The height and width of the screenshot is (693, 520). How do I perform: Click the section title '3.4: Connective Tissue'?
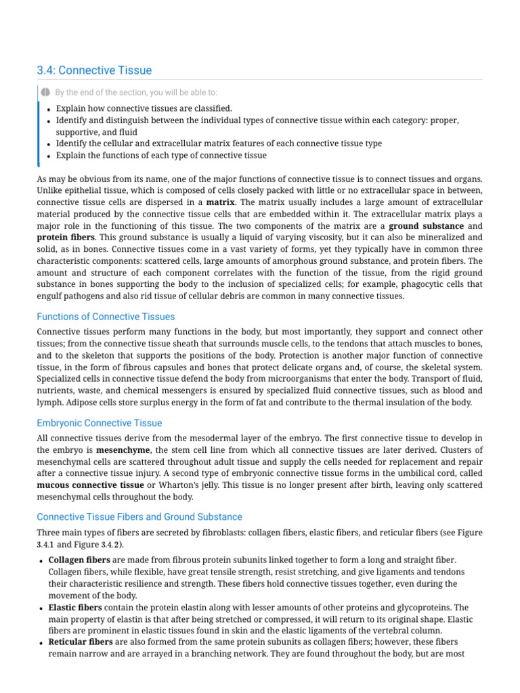click(x=94, y=70)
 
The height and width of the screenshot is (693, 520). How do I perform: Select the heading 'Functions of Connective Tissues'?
click(x=106, y=317)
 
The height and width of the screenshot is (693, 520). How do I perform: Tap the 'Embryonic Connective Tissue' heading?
click(x=99, y=423)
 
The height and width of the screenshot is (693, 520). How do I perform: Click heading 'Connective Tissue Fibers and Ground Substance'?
click(x=139, y=517)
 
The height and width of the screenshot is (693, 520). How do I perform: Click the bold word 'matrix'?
click(x=221, y=202)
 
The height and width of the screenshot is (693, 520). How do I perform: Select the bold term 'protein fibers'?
click(x=65, y=238)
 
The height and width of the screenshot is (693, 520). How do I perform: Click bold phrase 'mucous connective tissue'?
click(x=90, y=485)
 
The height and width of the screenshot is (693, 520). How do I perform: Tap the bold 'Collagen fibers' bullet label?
click(x=79, y=560)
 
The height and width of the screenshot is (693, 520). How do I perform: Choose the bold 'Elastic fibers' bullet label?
click(x=75, y=608)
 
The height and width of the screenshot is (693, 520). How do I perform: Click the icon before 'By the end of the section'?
click(x=45, y=92)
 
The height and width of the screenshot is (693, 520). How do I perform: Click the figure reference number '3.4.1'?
click(x=45, y=545)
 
